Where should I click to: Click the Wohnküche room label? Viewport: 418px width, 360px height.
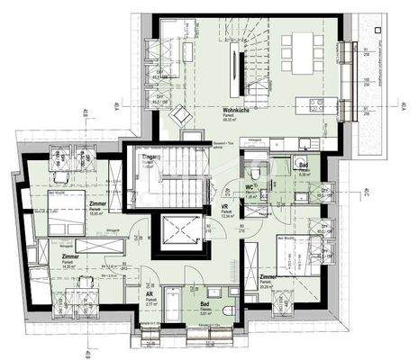[x=236, y=111]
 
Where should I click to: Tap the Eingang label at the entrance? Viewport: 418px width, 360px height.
[x=150, y=158]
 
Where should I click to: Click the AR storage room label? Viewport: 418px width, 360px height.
[x=149, y=293]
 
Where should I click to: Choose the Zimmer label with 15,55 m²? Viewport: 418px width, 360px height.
[x=97, y=205]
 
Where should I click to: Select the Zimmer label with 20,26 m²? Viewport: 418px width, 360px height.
[x=268, y=278]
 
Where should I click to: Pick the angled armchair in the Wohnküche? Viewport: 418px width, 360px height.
[x=179, y=114]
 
